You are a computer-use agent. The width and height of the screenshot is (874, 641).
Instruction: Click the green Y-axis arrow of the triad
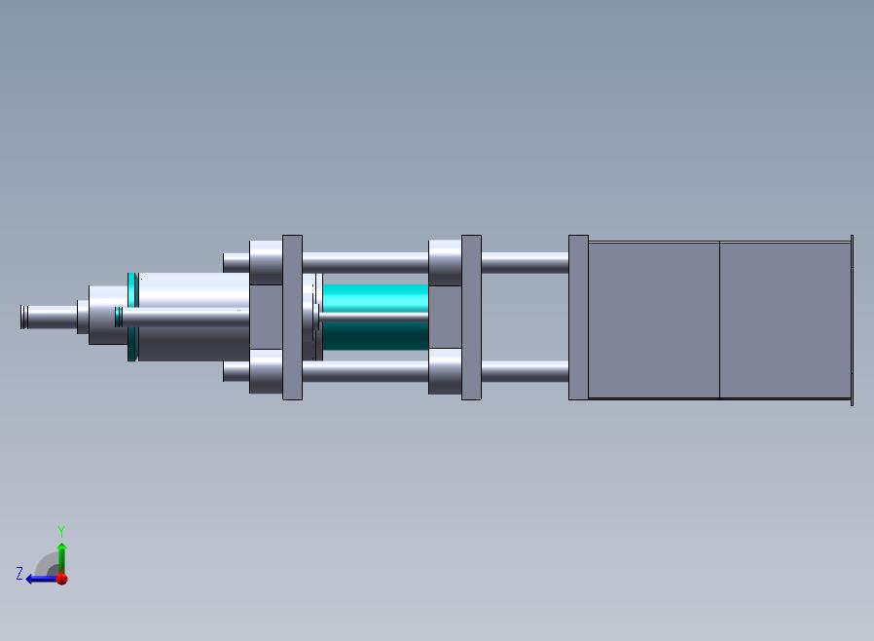coord(61,557)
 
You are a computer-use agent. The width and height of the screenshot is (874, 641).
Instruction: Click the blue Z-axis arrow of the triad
coord(39,579)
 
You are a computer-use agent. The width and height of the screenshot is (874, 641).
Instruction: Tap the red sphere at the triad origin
coord(61,579)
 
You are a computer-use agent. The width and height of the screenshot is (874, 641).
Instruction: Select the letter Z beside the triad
coord(18,574)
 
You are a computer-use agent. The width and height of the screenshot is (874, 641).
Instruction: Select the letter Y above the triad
coord(61,532)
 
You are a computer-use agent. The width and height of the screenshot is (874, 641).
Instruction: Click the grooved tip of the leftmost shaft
coord(23,317)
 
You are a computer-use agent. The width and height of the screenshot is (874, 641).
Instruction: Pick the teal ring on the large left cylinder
coord(132,317)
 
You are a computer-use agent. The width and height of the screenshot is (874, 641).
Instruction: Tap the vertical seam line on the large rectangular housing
coord(719,320)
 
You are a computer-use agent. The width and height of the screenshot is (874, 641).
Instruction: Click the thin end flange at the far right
coord(852,320)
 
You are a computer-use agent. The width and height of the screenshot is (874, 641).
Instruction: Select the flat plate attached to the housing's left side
coord(578,317)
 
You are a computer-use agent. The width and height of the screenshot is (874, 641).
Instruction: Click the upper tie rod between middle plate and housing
coord(525,262)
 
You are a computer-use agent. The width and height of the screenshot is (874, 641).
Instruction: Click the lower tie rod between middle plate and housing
coord(525,371)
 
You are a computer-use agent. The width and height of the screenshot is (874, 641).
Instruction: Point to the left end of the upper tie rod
coord(230,262)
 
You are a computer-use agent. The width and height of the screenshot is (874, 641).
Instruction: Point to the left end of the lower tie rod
coord(230,371)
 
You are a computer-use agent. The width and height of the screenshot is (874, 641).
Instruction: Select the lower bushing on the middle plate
coord(445,371)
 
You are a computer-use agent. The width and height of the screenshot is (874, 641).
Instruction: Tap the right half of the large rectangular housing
coord(784,320)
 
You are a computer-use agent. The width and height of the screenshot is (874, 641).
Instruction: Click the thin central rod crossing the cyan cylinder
coord(375,318)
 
